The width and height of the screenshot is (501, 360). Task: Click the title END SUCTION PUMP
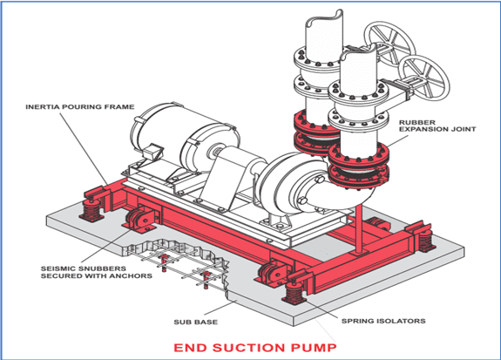pos(255,348)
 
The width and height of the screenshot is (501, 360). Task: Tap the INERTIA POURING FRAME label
pos(80,107)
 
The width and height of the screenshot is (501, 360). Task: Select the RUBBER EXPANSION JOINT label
pos(437,126)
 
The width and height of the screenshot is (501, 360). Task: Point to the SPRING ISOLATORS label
pos(383,321)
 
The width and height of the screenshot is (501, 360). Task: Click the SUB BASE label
pos(195,322)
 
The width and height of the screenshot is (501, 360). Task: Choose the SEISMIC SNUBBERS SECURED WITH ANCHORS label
pos(97,272)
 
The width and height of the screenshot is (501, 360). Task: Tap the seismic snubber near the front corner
pos(271,271)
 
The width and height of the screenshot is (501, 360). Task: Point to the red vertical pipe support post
pos(358,229)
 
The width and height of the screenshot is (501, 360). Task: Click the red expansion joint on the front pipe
pos(359,166)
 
